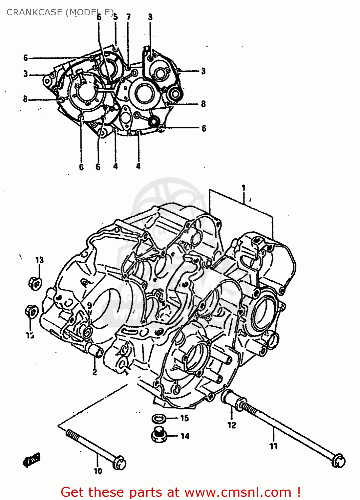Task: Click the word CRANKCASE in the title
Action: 34,12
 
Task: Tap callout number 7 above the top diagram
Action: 129,17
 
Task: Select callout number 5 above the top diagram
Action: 115,17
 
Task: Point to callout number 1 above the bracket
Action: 243,188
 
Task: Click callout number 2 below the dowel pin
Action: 95,372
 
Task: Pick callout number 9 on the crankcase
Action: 89,306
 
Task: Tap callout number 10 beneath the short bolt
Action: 98,471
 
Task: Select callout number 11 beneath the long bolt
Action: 273,446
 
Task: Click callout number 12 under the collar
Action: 232,425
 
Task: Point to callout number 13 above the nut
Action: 39,260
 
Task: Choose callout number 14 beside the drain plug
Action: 185,436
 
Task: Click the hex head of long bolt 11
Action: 339,461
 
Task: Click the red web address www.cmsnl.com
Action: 238,492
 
